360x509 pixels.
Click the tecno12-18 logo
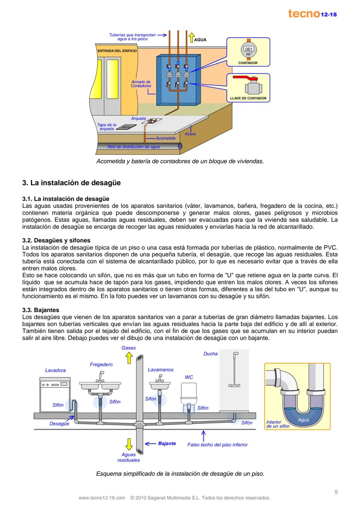pyautogui.click(x=312, y=14)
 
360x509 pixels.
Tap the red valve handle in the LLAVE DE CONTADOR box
pyautogui.click(x=243, y=77)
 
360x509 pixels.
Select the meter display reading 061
pyautogui.click(x=249, y=49)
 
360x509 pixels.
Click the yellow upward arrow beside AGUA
pyautogui.click(x=191, y=37)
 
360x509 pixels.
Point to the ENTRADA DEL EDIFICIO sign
pyautogui.click(x=117, y=51)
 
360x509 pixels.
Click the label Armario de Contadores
pyautogui.click(x=141, y=84)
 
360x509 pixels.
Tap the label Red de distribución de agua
pyautogui.click(x=133, y=147)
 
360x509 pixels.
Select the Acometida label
pyautogui.click(x=165, y=138)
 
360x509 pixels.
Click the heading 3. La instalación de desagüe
pyautogui.click(x=71, y=183)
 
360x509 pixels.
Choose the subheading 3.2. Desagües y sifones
pyautogui.click(x=56, y=241)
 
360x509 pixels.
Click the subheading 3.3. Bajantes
pyautogui.click(x=40, y=310)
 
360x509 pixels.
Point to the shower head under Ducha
pyautogui.click(x=236, y=354)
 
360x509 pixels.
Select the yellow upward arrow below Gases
pyautogui.click(x=129, y=358)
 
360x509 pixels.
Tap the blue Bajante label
pyautogui.click(x=167, y=443)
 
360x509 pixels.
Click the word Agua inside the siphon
pyautogui.click(x=303, y=420)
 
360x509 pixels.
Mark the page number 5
pyautogui.click(x=336, y=492)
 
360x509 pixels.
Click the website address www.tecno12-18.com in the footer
pyautogui.click(x=102, y=498)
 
